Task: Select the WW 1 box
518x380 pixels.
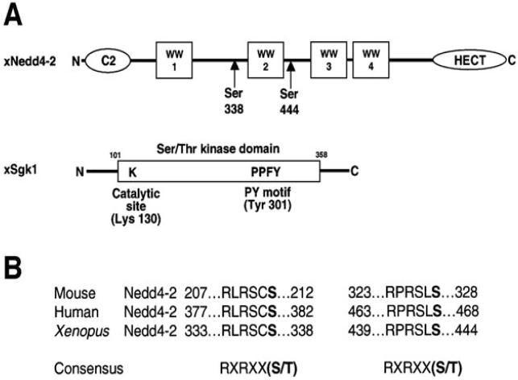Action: point(170,57)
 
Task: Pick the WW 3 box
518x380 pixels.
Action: point(327,57)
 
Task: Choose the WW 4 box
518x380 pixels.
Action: point(372,57)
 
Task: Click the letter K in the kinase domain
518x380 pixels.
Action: point(132,171)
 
